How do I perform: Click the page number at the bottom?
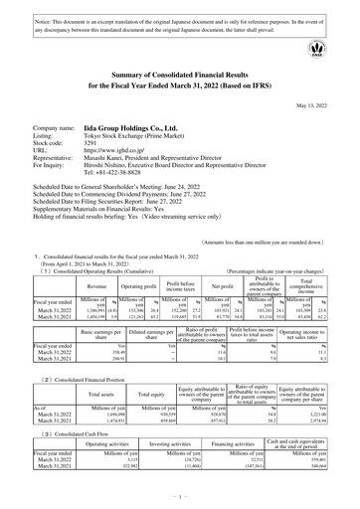point(180,505)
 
